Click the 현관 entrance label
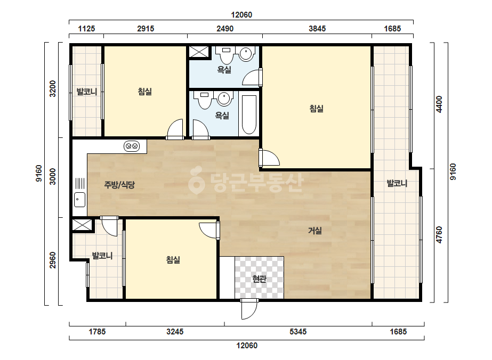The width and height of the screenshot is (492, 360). (x=259, y=279)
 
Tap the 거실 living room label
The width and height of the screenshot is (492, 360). (x=314, y=231)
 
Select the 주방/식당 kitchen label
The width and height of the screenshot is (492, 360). (x=119, y=185)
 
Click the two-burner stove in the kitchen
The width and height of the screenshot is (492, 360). (x=132, y=146)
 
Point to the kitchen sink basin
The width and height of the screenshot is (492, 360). (x=80, y=200)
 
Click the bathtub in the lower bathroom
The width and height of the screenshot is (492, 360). (x=249, y=114)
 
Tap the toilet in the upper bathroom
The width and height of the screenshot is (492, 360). (x=226, y=54)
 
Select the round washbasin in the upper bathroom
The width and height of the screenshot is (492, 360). (x=247, y=54)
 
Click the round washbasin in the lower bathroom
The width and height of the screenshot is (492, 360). (x=224, y=99)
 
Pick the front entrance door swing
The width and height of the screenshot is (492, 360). (x=249, y=309)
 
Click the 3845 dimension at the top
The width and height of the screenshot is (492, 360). (x=317, y=29)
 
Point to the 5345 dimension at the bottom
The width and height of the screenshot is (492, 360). (x=298, y=331)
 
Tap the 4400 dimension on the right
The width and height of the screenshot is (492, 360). (x=439, y=104)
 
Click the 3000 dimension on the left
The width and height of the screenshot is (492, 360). (x=53, y=177)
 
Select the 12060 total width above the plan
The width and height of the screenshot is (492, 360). (x=241, y=15)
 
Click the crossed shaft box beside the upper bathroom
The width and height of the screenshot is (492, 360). (x=199, y=52)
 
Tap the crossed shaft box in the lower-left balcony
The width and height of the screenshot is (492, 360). (x=82, y=225)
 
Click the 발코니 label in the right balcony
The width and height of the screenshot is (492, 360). (x=397, y=183)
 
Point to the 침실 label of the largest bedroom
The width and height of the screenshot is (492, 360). (x=316, y=109)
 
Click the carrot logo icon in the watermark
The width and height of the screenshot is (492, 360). (x=196, y=180)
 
